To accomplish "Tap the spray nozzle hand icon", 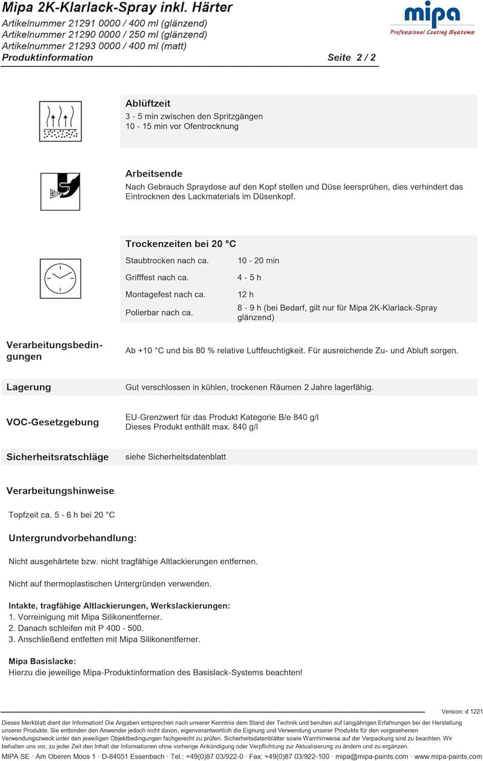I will (60, 191).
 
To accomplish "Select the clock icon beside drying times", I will (60, 276).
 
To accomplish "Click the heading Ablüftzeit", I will (148, 104).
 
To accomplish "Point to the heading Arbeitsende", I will (154, 174).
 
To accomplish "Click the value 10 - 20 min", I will (258, 261).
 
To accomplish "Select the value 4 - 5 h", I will (249, 278).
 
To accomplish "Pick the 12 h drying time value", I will (246, 295).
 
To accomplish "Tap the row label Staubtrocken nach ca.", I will (167, 261).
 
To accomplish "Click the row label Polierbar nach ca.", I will (159, 313).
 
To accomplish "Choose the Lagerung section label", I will (29, 387).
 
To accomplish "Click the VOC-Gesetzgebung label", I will (53, 422).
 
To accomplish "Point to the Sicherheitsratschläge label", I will (57, 457).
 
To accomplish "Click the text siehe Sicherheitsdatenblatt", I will (176, 457).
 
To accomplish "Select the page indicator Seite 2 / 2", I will (351, 58).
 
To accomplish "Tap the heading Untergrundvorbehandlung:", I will (72, 538).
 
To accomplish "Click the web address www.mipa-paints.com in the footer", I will (447, 757).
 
